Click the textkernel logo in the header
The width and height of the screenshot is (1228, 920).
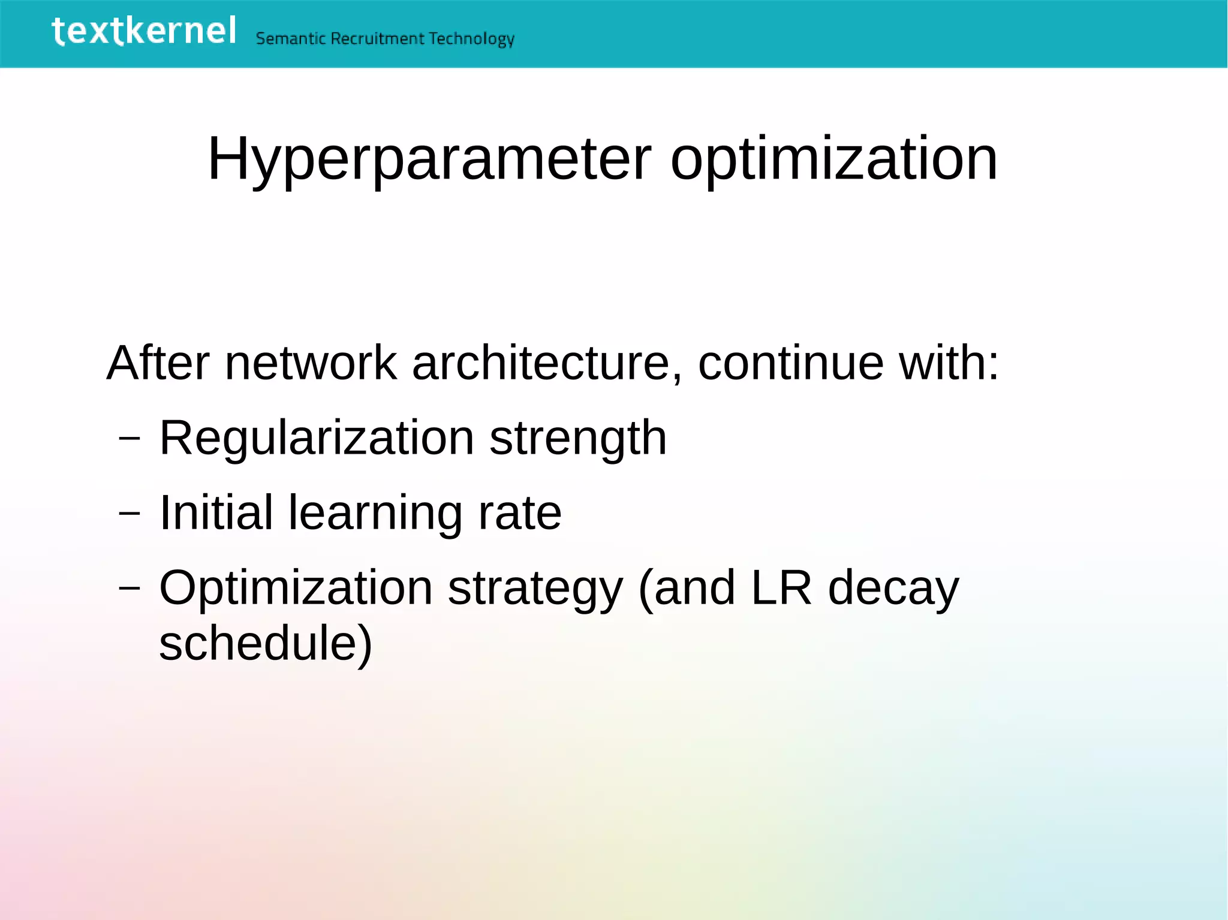click(144, 31)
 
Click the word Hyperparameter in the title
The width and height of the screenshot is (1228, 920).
click(429, 159)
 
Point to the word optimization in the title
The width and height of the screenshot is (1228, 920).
click(833, 159)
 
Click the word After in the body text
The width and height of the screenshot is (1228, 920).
click(158, 363)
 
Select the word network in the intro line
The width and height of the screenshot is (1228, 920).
click(311, 363)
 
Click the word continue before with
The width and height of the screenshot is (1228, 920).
click(790, 363)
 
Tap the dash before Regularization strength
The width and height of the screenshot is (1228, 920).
click(130, 438)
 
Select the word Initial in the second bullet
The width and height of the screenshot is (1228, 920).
click(216, 513)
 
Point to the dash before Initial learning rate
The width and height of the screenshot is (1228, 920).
click(130, 513)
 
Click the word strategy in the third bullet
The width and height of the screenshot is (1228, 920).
click(535, 589)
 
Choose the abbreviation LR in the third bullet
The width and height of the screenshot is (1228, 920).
click(781, 588)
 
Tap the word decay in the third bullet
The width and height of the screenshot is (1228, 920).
click(893, 589)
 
